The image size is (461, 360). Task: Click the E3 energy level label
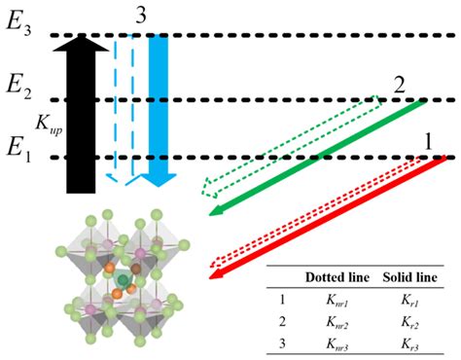pyautogui.click(x=18, y=29)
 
